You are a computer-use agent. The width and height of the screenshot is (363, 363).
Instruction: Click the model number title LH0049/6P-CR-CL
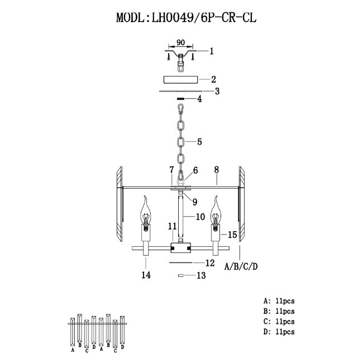[204, 17]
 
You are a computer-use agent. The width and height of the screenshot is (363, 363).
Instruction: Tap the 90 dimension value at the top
[180, 42]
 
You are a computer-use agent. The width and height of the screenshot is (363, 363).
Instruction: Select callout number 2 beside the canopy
[213, 79]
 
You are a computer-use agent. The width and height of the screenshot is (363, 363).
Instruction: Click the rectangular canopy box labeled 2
[180, 79]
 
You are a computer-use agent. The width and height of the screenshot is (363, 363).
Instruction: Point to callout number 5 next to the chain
[199, 142]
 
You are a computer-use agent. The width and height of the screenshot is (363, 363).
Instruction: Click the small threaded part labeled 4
[180, 99]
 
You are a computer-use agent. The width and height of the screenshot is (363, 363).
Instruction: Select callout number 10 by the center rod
[200, 217]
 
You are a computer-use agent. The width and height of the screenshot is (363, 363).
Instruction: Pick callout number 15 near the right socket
[232, 235]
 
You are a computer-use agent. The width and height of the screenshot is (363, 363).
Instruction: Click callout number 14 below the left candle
[146, 275]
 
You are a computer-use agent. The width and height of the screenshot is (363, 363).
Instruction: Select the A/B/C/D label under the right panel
[241, 267]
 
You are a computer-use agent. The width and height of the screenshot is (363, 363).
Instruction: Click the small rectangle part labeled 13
[180, 275]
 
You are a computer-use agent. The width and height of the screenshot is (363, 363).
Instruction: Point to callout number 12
[210, 263]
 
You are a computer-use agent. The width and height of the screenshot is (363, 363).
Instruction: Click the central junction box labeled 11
[180, 247]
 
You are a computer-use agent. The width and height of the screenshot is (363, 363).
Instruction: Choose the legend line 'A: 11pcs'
[279, 301]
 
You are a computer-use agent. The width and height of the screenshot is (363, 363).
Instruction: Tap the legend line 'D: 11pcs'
[279, 332]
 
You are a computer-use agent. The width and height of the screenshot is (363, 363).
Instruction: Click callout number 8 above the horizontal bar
[217, 170]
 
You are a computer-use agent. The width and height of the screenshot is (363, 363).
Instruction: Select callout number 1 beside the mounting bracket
[211, 51]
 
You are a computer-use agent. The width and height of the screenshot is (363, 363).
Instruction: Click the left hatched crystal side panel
[120, 204]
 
